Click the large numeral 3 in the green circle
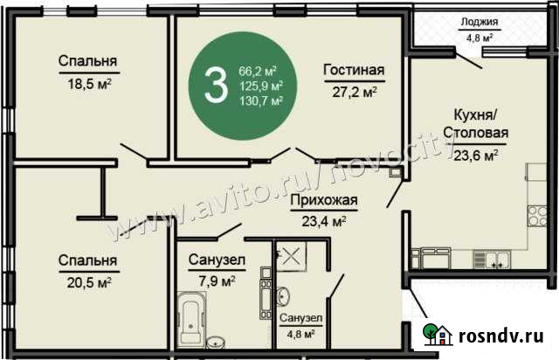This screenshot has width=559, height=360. (212, 84)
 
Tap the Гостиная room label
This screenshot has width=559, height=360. (354, 71)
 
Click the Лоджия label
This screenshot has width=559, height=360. (480, 23)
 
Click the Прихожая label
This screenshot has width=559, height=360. (324, 203)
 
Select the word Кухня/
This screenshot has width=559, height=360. (475, 117)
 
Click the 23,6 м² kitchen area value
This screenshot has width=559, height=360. (477, 156)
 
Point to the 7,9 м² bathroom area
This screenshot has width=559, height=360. (215, 280)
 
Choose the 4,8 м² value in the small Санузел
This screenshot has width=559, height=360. (299, 333)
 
